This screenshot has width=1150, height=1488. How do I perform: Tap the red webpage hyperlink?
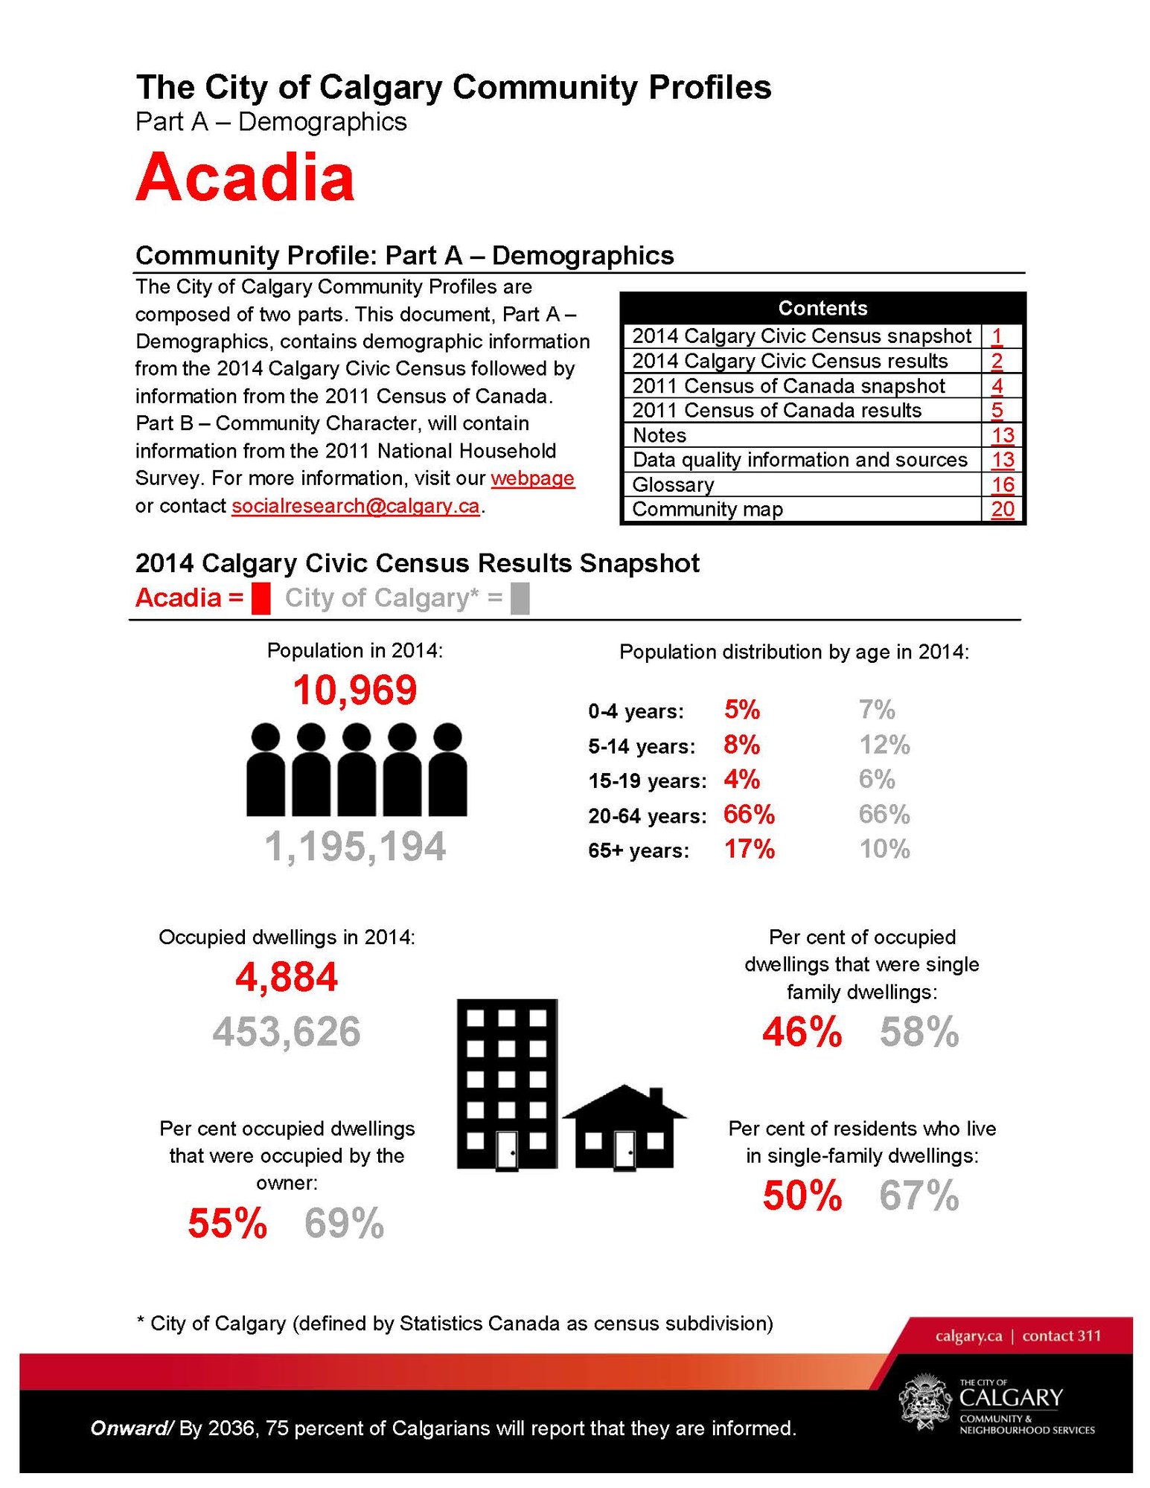[x=532, y=478]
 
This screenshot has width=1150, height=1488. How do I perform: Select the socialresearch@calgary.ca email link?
[x=355, y=506]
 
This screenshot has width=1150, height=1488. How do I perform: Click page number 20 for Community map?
[x=1003, y=510]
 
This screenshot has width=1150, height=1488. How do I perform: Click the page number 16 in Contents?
[x=1003, y=485]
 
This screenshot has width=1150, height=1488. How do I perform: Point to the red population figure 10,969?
[x=355, y=690]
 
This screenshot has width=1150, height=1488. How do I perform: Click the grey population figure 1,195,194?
[x=355, y=847]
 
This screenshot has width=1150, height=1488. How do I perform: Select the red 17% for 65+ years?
[x=750, y=849]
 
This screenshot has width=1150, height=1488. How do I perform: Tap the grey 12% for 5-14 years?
[x=884, y=745]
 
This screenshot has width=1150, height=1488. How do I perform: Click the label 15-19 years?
[x=647, y=781]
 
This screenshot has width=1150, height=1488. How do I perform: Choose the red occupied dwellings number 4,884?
[x=287, y=977]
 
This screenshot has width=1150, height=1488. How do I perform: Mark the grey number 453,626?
[x=287, y=1032]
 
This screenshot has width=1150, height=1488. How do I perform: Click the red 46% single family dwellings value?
[x=802, y=1033]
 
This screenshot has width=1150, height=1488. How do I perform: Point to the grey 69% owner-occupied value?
[x=344, y=1224]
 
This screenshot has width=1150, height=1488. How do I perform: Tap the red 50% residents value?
[x=802, y=1196]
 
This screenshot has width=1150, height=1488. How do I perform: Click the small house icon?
[x=624, y=1129]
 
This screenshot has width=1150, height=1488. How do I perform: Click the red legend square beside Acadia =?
[x=261, y=599]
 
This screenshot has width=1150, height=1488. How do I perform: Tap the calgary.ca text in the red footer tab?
[x=968, y=1335]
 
